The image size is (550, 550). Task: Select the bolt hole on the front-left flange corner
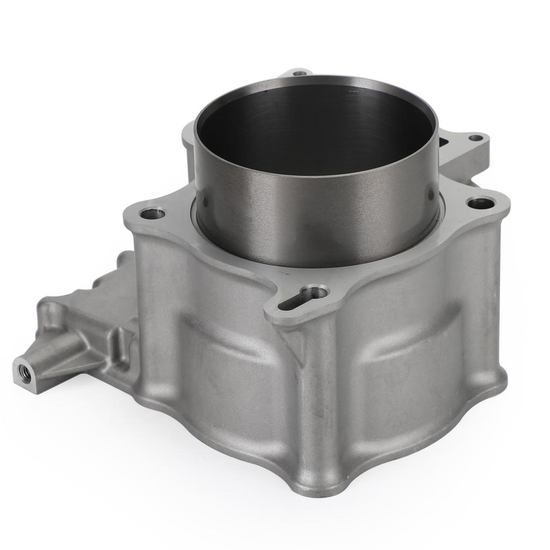pos(152,214)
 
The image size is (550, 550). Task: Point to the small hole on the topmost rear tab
pos(300,72)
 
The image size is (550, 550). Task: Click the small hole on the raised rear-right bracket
pos(475,137)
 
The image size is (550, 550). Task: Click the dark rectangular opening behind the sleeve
pos(444,142)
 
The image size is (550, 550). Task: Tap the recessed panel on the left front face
pos(226,365)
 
